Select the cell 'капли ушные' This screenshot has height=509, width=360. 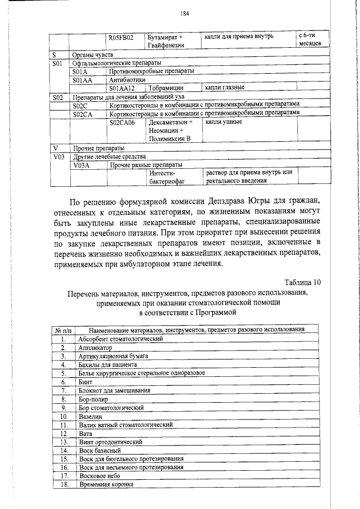[223, 121]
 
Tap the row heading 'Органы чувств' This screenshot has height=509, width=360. [93, 55]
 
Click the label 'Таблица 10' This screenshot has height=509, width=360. [304, 282]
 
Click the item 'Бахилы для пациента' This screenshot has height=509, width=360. [107, 364]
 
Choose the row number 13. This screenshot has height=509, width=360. [64, 442]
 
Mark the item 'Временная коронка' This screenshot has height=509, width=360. [106, 484]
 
